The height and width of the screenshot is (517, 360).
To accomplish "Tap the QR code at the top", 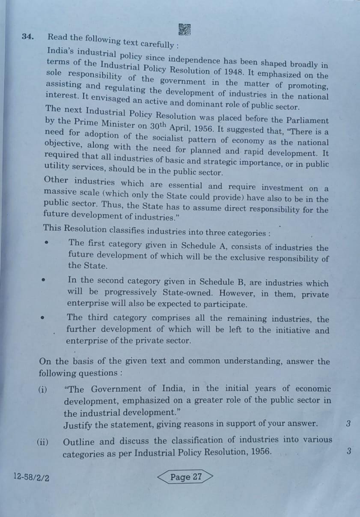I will [x=184, y=29].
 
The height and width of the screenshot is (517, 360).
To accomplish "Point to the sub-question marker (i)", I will [x=42, y=390].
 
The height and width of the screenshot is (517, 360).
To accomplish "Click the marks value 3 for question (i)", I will [x=348, y=424].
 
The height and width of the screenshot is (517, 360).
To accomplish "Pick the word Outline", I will [x=80, y=442].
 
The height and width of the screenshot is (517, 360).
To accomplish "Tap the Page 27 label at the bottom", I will [x=185, y=477].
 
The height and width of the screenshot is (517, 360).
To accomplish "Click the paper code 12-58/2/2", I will [x=31, y=477].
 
